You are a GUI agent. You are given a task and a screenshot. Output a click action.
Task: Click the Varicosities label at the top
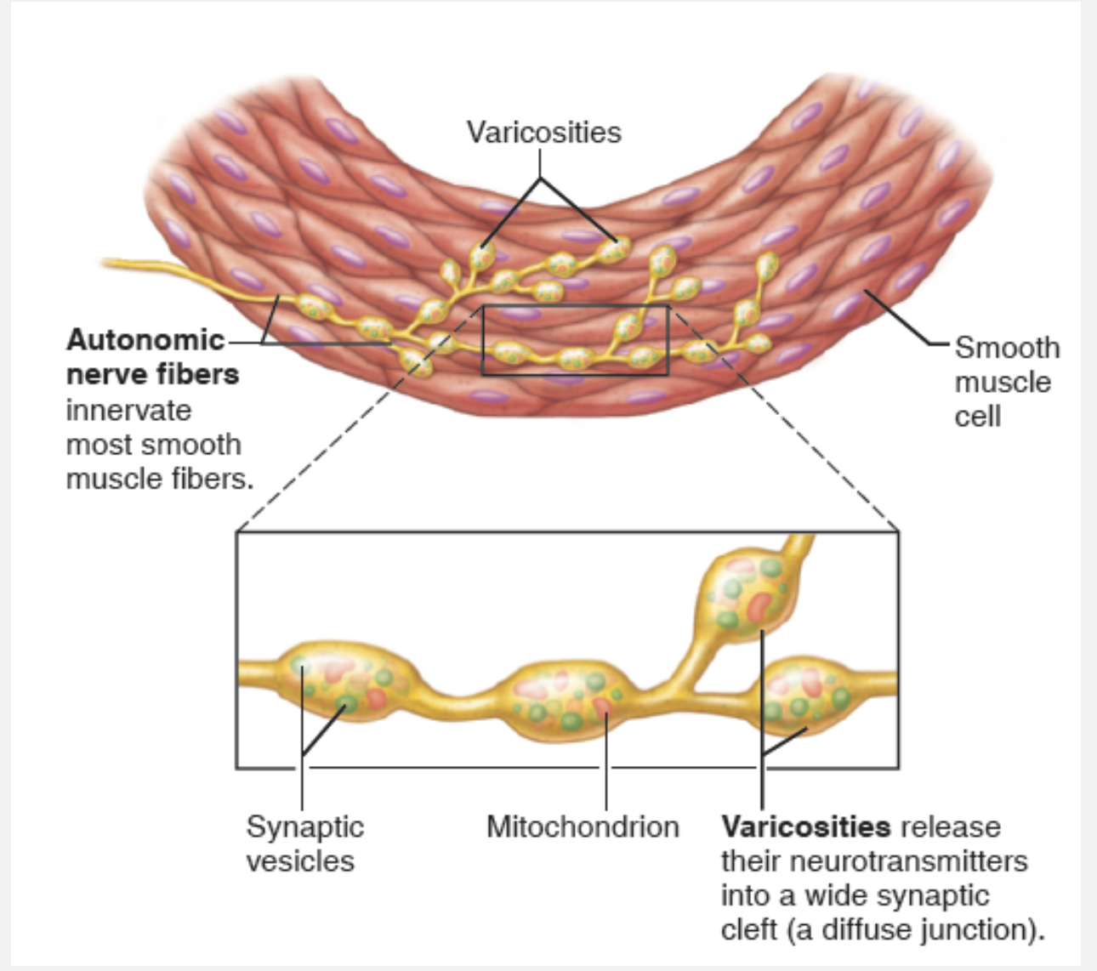(543, 133)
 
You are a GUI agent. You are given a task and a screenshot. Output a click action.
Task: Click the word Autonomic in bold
(145, 340)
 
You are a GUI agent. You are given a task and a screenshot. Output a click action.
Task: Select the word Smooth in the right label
(1007, 348)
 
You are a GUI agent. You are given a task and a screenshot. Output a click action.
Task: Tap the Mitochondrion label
(583, 826)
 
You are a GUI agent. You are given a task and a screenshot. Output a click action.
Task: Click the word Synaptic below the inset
(304, 826)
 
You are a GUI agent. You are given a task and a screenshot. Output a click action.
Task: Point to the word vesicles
(299, 860)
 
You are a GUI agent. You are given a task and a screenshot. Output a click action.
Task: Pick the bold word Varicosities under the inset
(805, 826)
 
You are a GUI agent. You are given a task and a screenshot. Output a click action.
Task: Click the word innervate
(128, 410)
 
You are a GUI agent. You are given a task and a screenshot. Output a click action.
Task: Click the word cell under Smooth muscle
(977, 417)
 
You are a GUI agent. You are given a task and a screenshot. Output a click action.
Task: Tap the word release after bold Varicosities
(950, 826)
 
